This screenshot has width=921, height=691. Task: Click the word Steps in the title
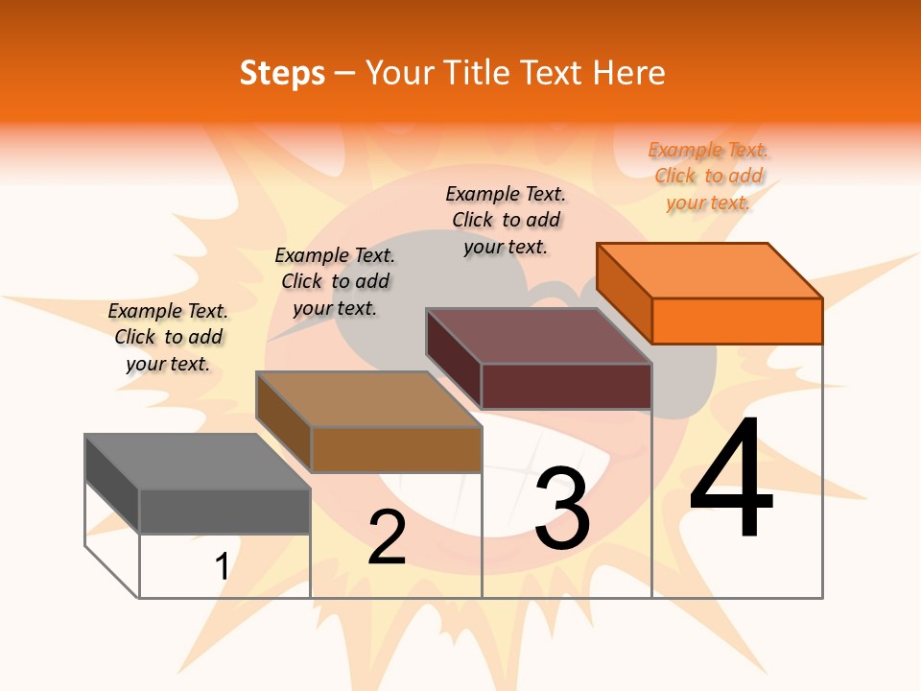coord(282,73)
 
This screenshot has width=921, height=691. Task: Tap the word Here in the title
coord(628,73)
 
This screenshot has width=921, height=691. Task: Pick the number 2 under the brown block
coord(387,537)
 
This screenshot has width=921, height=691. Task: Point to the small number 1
coord(222,566)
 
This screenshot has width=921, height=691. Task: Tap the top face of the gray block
coord(197,462)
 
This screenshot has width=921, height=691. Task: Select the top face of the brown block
coord(367,399)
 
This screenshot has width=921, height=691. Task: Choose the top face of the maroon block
coord(538,336)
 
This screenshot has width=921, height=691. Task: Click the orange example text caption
coord(709,176)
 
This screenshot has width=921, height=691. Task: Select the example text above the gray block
coord(168,337)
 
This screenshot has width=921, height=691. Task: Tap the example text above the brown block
coord(335,281)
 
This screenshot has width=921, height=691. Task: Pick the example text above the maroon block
coord(506,220)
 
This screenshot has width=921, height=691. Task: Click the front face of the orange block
coord(737,321)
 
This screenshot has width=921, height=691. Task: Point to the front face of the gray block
coord(224,511)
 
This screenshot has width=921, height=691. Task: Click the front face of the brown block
coord(396,449)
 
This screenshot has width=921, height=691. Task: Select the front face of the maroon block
coord(566,386)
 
